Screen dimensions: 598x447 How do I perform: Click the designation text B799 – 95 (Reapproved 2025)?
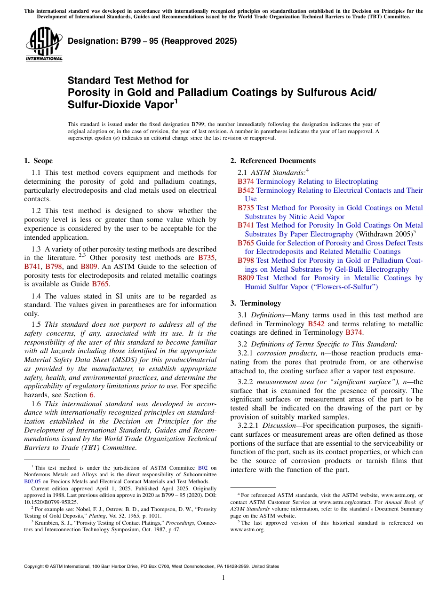pyautogui.click(x=152, y=41)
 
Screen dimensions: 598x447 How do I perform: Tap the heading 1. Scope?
pyautogui.click(x=39, y=161)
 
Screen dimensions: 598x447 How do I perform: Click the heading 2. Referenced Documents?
pyautogui.click(x=273, y=161)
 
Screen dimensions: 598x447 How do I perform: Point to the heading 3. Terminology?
pyautogui.click(x=260, y=303)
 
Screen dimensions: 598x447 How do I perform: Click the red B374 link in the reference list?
pyautogui.click(x=246, y=181)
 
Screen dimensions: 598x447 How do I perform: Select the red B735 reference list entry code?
pyautogui.click(x=246, y=208)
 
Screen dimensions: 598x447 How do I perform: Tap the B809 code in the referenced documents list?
pyautogui.click(x=246, y=278)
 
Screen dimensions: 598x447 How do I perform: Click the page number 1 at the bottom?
pyautogui.click(x=223, y=578)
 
